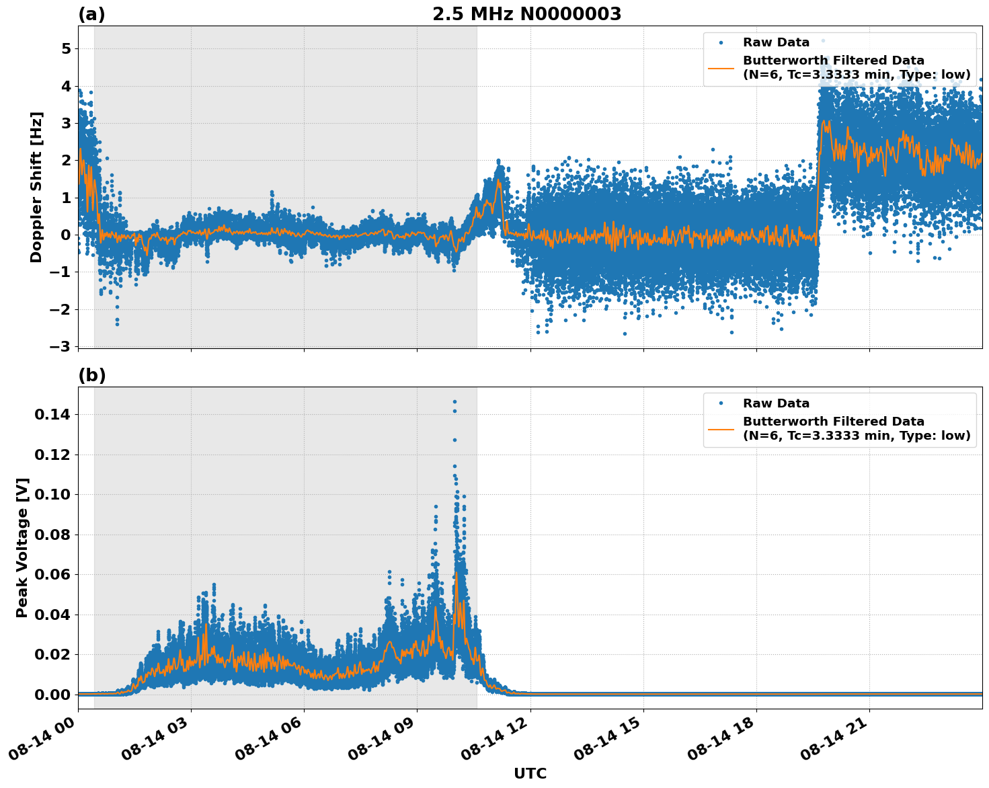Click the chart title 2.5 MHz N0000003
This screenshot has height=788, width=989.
tap(526, 14)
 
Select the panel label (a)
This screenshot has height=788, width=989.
tap(91, 14)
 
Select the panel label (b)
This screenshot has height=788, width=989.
tap(91, 375)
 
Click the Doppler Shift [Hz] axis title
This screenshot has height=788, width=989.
tap(36, 187)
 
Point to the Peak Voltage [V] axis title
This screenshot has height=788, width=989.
tap(22, 547)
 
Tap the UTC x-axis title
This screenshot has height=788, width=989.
tap(530, 773)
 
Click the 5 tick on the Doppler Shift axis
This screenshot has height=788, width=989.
tap(66, 49)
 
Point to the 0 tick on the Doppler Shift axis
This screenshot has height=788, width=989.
tap(66, 235)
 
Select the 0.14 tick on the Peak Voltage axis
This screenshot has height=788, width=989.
tap(52, 415)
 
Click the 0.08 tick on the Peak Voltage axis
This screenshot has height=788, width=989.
tap(52, 535)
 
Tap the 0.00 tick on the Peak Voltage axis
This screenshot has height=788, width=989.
tap(52, 695)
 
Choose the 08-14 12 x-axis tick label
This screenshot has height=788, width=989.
tap(494, 740)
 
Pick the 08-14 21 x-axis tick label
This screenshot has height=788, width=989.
tap(833, 740)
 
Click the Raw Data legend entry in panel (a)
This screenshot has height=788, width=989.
tap(776, 42)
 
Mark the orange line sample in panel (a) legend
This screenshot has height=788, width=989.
tap(721, 67)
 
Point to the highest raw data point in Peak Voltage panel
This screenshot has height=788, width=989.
tap(454, 401)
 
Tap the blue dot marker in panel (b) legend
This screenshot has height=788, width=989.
tap(721, 403)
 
